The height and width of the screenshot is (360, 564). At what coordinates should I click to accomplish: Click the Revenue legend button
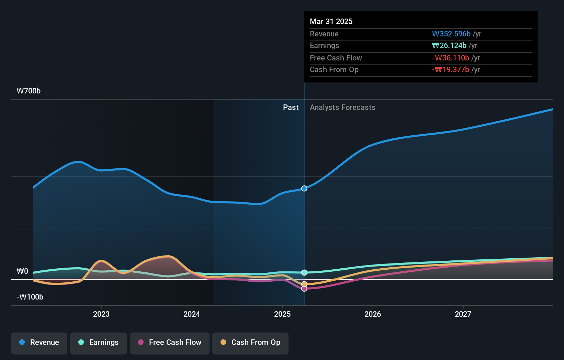(x=39, y=342)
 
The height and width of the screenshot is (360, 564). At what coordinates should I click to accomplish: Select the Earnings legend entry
(x=99, y=342)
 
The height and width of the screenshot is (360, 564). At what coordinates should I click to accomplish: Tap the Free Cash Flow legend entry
(x=170, y=342)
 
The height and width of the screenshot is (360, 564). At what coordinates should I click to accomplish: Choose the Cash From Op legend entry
(x=250, y=342)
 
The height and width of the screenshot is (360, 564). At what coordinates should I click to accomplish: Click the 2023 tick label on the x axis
(x=101, y=314)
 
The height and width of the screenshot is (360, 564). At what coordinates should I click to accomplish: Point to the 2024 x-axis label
(x=192, y=314)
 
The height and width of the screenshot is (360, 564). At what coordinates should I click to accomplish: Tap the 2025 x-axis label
(x=282, y=314)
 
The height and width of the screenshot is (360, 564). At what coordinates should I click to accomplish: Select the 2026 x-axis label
(x=373, y=314)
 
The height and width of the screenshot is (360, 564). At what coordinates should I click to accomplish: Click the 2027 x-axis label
(x=463, y=314)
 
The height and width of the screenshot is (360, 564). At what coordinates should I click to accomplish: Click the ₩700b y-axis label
(x=29, y=91)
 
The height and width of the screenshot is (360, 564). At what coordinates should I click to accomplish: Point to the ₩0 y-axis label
(x=22, y=271)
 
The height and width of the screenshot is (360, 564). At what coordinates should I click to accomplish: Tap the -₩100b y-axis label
(x=30, y=297)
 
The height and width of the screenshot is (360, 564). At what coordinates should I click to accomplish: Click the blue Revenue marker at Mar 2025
(x=304, y=188)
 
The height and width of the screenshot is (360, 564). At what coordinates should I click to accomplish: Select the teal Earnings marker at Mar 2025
(x=304, y=272)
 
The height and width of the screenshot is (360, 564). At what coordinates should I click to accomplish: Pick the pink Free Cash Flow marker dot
(x=304, y=289)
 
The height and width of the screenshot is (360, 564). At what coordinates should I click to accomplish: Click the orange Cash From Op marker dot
(x=304, y=284)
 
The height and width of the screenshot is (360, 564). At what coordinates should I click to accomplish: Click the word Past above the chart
(x=291, y=107)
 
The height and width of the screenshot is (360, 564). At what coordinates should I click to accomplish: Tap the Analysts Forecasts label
(x=342, y=107)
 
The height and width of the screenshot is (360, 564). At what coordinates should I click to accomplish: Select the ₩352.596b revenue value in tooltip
(x=451, y=34)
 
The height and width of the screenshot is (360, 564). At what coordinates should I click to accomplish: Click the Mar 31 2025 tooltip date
(x=331, y=21)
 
